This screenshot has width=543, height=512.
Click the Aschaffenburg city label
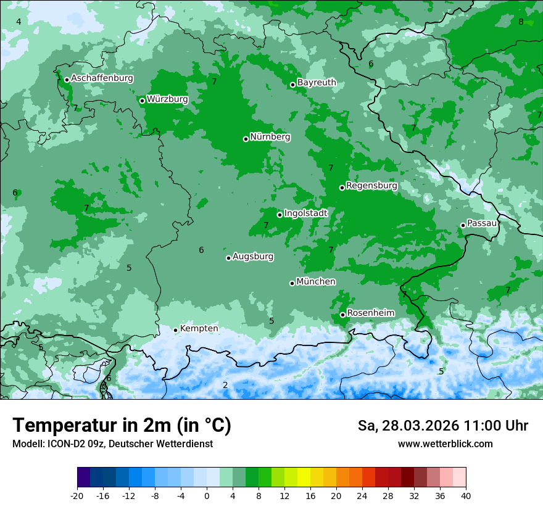(102, 78)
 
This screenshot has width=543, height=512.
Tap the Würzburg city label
(167, 99)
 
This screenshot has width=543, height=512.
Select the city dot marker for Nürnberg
(246, 139)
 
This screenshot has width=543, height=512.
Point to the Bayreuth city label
(317, 83)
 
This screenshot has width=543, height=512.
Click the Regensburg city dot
(342, 188)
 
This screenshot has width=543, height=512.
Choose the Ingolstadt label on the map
(305, 213)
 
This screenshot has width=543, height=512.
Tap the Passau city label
(482, 223)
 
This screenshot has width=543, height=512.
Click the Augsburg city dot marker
(228, 258)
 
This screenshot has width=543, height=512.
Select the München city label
(316, 282)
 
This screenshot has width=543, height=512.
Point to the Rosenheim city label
(370, 313)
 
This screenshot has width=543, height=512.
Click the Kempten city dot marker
(175, 330)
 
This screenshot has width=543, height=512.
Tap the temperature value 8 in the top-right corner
(521, 22)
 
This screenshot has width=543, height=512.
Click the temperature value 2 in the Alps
(225, 385)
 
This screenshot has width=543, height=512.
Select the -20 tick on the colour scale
(77, 495)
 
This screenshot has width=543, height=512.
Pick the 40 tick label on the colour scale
(466, 495)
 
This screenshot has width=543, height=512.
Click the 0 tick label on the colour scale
(207, 495)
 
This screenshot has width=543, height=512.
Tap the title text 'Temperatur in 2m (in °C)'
(122, 426)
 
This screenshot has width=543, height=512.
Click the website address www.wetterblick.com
(445, 444)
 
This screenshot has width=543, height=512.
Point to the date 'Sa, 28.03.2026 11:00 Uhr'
(442, 426)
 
